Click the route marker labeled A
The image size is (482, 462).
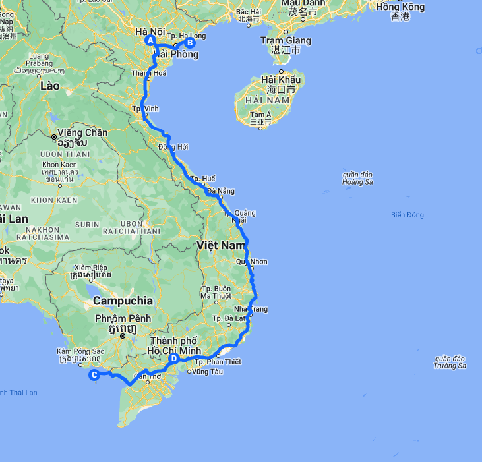pyautogui.click(x=150, y=40)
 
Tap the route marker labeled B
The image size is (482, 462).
pyautogui.click(x=190, y=43)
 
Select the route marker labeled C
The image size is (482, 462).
pyautogui.click(x=95, y=375)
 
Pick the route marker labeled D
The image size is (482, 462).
pyautogui.click(x=173, y=359)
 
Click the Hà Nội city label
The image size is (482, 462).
pyautogui.click(x=149, y=31)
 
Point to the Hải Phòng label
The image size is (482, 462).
pyautogui.click(x=175, y=55)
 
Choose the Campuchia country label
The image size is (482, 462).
pyautogui.click(x=123, y=301)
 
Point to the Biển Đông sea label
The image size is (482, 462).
pyautogui.click(x=407, y=215)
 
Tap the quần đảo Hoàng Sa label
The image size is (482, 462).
pyautogui.click(x=357, y=178)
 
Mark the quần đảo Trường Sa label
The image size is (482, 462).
pyautogui.click(x=450, y=362)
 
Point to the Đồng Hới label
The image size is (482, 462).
pyautogui.click(x=173, y=146)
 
